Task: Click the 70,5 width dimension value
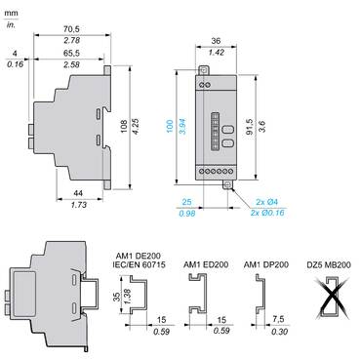71,28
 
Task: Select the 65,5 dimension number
71,53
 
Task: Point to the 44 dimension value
78,193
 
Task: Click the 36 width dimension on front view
216,41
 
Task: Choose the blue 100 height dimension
170,126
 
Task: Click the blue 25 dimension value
186,202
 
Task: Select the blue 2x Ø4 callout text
267,202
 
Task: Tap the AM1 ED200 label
206,264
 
